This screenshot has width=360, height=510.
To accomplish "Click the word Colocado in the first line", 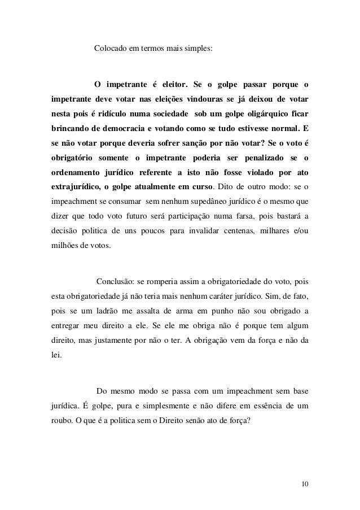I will pos(110,49).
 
